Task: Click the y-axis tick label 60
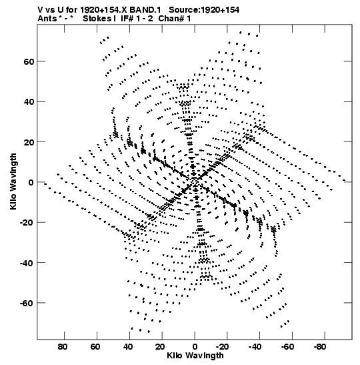(29, 61)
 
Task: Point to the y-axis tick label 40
(29, 102)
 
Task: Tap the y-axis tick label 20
(29, 142)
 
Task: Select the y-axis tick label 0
(31, 183)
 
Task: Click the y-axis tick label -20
(27, 223)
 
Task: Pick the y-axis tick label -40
(27, 263)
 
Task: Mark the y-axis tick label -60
(27, 304)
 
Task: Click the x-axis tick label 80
(63, 347)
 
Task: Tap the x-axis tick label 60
(95, 347)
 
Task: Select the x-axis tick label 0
(195, 347)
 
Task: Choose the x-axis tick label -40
(255, 347)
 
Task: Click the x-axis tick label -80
(320, 347)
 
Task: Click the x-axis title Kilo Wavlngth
(195, 356)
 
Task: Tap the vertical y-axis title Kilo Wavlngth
(13, 181)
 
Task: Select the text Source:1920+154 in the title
(204, 10)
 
